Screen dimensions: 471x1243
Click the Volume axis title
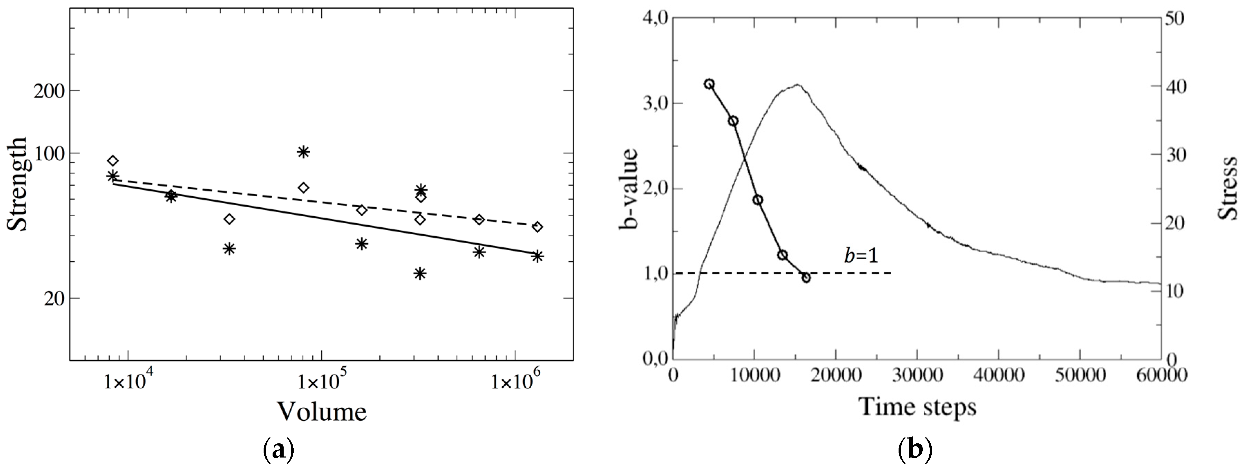coord(322,412)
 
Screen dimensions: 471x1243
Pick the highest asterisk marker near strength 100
coord(303,152)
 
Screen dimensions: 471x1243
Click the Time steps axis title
coord(915,406)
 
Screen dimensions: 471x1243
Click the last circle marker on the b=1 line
coord(806,277)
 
